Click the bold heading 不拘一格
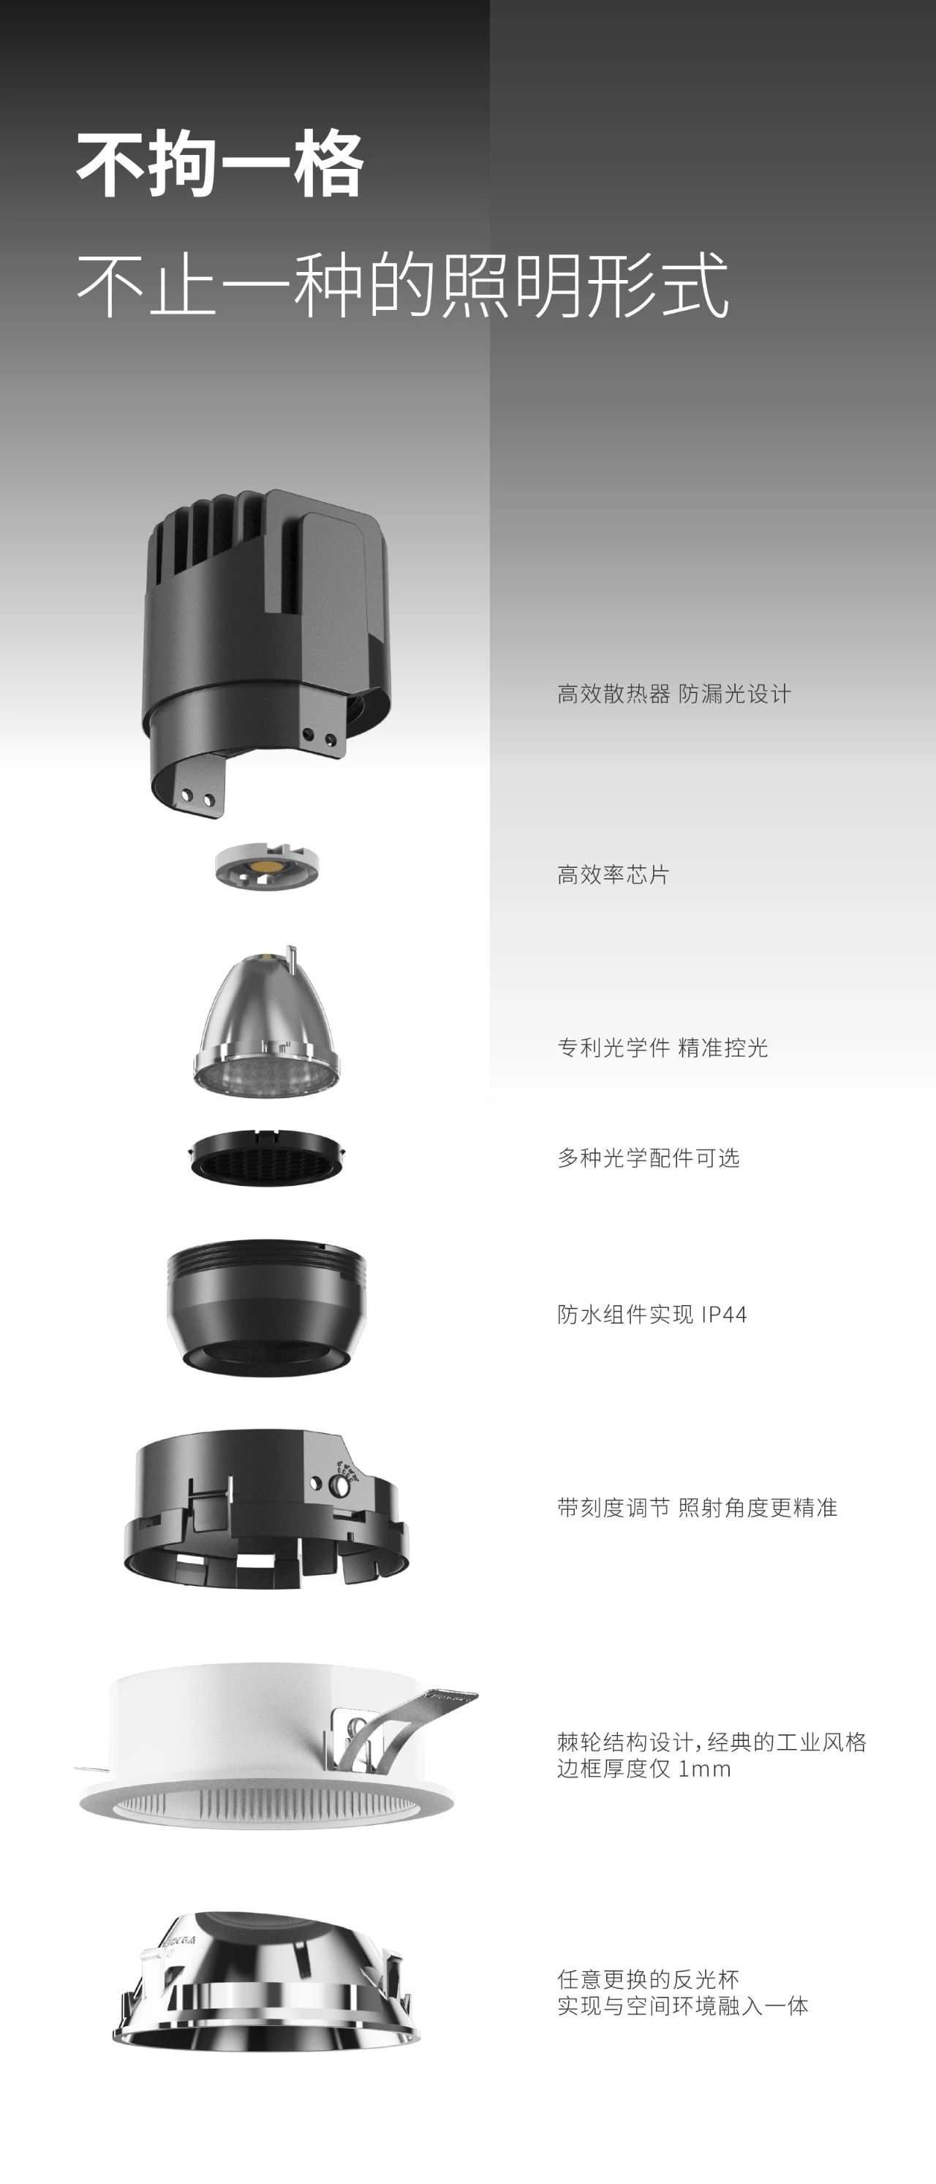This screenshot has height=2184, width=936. pos(220,165)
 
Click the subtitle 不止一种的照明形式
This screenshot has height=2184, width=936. pos(403,284)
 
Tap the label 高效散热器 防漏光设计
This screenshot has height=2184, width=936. pos(674,694)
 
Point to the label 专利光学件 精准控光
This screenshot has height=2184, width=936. pos(663,1047)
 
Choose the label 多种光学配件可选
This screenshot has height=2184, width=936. pos(649,1157)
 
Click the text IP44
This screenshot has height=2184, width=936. pos(724,1314)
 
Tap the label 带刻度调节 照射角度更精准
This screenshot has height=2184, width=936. pos(697,1507)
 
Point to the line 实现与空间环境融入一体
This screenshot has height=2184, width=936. pos(682,2005)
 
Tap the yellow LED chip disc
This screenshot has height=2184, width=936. pos(267,866)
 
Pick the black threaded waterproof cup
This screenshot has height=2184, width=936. pos(266,1307)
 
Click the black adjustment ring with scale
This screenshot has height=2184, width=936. pos(266,1509)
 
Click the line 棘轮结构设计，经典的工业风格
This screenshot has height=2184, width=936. pos(712,1742)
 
